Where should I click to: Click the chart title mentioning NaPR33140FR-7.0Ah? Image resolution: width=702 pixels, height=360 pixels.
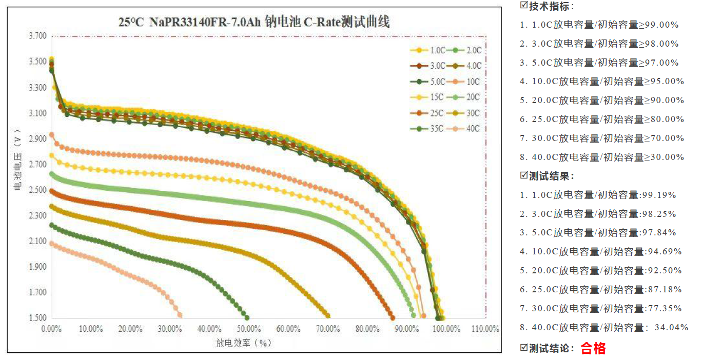tap(254, 22)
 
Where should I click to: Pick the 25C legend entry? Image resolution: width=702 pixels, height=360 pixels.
tap(429, 113)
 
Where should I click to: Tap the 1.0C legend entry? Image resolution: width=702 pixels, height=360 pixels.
tap(429, 50)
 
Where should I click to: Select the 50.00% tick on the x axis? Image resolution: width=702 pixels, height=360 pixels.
tap(248, 329)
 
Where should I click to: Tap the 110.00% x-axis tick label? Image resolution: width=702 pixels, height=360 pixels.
tap(485, 329)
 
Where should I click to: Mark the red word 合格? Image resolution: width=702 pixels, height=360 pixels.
tap(593, 349)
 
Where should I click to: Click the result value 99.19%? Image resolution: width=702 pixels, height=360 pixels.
tap(658, 195)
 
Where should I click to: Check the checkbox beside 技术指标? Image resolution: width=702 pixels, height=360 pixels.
tap(524, 6)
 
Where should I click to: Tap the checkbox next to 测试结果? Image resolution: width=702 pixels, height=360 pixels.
tap(524, 176)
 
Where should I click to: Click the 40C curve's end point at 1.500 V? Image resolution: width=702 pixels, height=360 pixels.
tap(179, 315)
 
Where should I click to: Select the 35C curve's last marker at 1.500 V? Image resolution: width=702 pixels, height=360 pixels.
tap(247, 317)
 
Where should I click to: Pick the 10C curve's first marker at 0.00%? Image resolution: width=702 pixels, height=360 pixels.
tap(51, 135)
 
